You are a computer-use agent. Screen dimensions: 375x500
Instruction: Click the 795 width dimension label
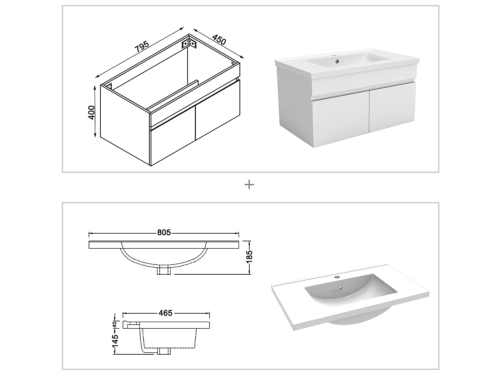click(x=142, y=47)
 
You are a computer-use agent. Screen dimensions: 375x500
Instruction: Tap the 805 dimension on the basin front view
click(x=164, y=233)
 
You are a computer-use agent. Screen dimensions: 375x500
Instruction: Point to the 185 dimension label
click(x=249, y=257)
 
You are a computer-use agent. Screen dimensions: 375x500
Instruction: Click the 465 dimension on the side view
click(x=165, y=313)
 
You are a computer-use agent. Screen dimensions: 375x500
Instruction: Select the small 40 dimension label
click(x=114, y=324)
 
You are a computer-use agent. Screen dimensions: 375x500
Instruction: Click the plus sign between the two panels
click(x=249, y=185)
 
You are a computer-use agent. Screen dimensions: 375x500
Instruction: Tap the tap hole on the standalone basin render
click(x=337, y=277)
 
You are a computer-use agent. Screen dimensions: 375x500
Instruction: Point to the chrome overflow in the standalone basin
click(x=340, y=289)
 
